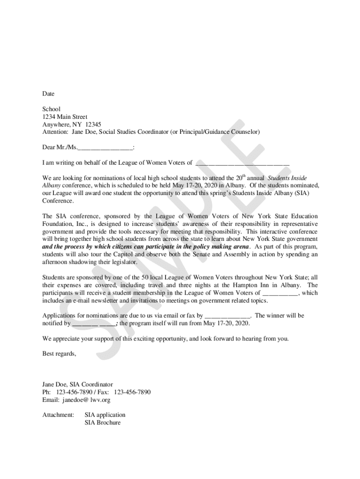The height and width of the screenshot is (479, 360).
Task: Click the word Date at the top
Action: [x=49, y=94]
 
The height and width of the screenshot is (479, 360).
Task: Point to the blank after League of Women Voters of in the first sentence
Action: [x=242, y=163]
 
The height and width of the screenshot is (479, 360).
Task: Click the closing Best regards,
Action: [x=59, y=354]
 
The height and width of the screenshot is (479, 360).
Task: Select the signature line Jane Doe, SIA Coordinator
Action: [x=78, y=384]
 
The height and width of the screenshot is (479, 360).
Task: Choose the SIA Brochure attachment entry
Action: [x=102, y=422]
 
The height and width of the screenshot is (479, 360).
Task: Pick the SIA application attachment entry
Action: [x=105, y=415]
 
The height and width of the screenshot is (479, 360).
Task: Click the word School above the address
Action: [x=51, y=109]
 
